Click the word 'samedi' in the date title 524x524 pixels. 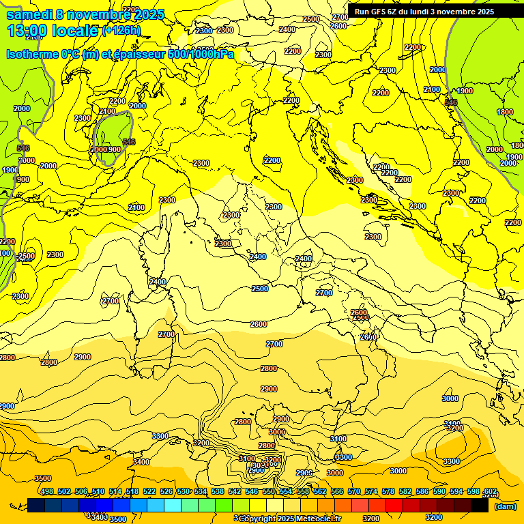(29, 14)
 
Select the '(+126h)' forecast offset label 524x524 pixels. (123, 31)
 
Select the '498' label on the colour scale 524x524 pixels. (47, 491)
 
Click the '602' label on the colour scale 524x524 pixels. (490, 491)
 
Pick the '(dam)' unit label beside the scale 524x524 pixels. (505, 506)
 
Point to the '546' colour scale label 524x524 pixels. (252, 491)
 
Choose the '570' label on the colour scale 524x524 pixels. (354, 491)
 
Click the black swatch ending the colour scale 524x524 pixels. (480, 505)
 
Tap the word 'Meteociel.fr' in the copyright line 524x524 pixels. (315, 519)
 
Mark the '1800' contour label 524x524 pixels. (504, 112)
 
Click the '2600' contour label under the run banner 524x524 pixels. (338, 26)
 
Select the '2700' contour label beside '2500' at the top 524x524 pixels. (340, 17)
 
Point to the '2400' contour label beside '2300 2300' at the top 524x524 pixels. (287, 29)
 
